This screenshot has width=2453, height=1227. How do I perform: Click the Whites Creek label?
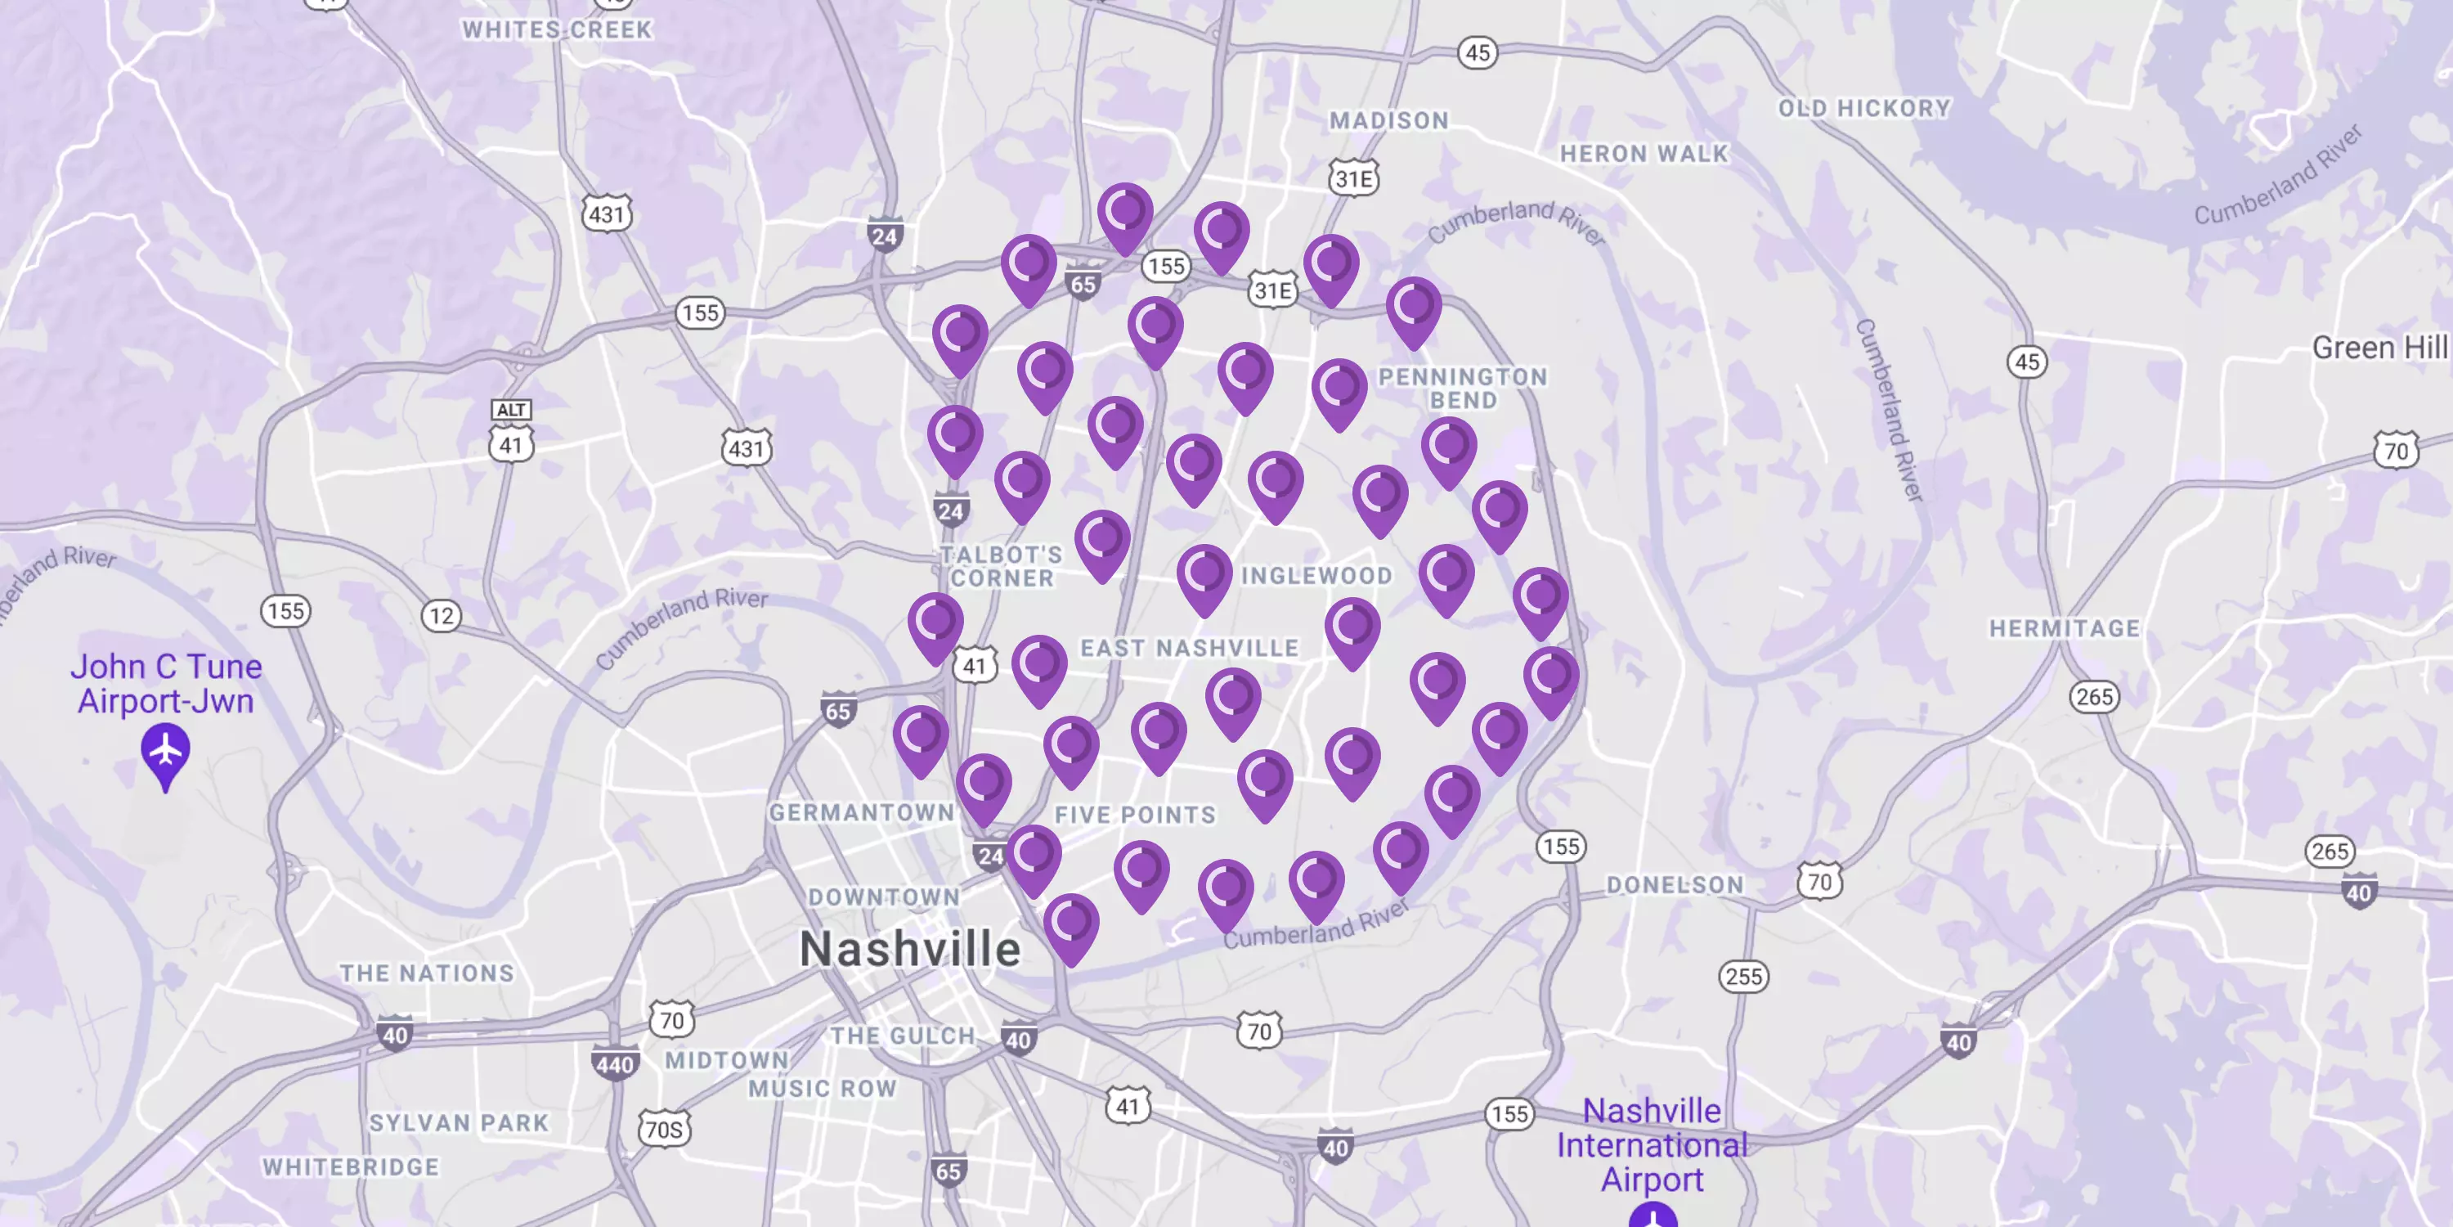point(557,30)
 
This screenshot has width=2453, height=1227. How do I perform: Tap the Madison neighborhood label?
point(1388,121)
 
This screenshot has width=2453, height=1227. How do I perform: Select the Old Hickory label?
point(1864,109)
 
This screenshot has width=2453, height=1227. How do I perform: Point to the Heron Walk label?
point(1644,154)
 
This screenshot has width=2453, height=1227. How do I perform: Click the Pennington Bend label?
point(1463,389)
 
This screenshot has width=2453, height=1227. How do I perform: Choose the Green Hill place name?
point(2379,348)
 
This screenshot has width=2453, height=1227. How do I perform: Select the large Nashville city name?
point(910,949)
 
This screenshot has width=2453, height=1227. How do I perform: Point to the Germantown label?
point(862,812)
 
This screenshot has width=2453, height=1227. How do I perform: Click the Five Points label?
point(1135,816)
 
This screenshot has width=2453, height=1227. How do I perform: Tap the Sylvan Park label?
point(459,1123)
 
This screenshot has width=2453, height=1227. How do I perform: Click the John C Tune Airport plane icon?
point(166,752)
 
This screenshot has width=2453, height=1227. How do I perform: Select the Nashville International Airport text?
point(1653,1145)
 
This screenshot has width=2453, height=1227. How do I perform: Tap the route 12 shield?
point(442,615)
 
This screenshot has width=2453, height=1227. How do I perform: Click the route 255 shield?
point(1743,977)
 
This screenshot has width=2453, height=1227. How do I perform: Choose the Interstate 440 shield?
point(614,1064)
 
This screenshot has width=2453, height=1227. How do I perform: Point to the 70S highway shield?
point(665,1130)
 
